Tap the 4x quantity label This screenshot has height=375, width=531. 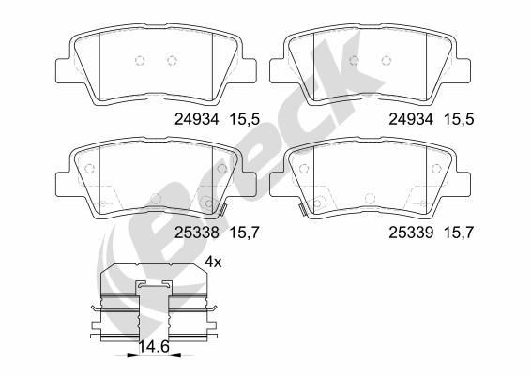[213, 262]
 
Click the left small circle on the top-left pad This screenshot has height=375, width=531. [140, 62]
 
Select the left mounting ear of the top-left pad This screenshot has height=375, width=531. [62, 68]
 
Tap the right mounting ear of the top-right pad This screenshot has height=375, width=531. [464, 68]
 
